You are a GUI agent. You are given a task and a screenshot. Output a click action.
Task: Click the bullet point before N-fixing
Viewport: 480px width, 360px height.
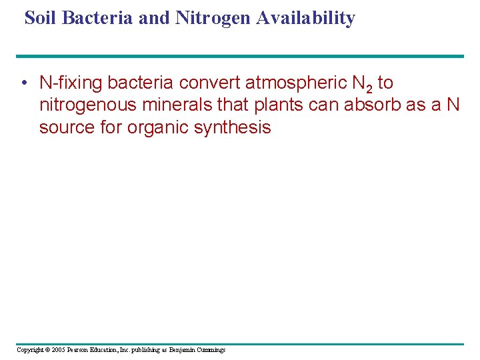tap(23, 83)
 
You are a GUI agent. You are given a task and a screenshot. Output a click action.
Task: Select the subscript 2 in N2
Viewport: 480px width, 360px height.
tap(368, 88)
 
